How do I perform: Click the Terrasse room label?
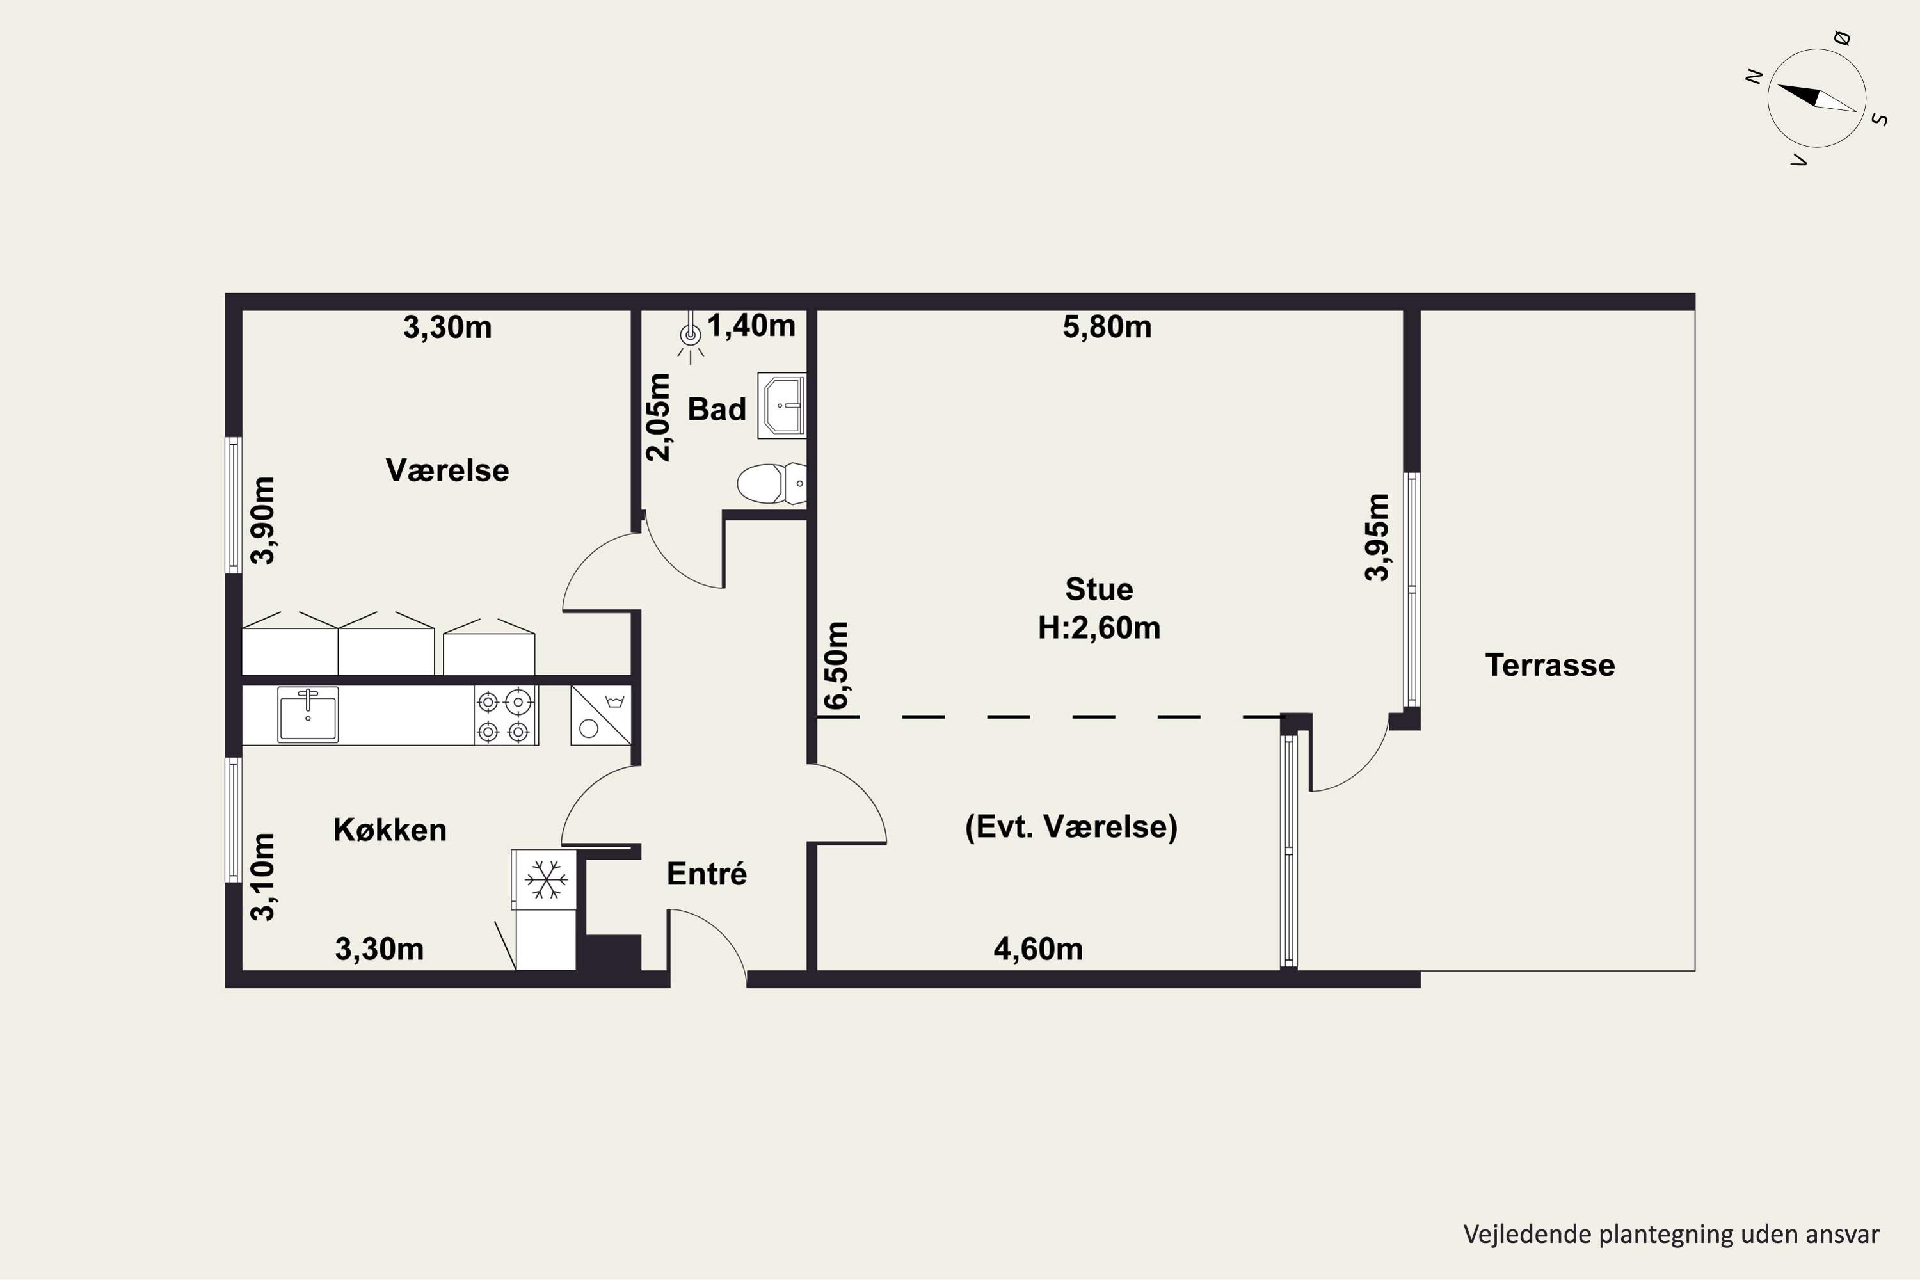(1549, 666)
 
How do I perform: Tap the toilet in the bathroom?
(771, 483)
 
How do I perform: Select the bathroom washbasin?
(782, 406)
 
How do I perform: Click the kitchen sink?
(308, 714)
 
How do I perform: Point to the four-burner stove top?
(506, 715)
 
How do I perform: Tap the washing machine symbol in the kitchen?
(601, 715)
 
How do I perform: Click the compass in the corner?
(1816, 99)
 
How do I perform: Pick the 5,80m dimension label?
(1107, 327)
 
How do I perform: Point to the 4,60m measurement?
(1038, 949)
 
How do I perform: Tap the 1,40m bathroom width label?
(751, 326)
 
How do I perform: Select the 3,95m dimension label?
(1377, 537)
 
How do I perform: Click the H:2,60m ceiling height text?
(1099, 628)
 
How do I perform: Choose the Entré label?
(707, 874)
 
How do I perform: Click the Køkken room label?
(390, 830)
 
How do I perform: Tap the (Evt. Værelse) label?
(1071, 827)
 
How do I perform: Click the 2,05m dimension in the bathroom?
(659, 417)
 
